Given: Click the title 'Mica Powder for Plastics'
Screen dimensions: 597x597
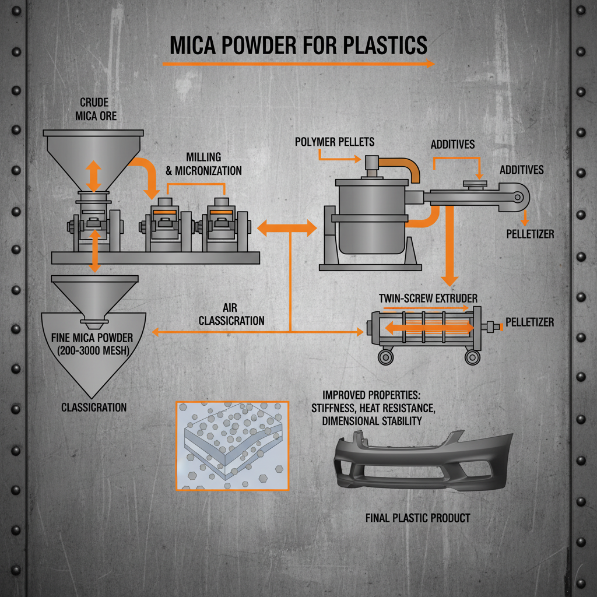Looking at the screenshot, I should coord(298,45).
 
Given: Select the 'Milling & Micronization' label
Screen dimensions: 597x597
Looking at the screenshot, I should coord(213,164).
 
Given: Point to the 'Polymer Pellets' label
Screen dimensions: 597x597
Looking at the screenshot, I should coord(335,142).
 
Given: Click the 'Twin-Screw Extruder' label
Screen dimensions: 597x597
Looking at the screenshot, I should coord(428,298).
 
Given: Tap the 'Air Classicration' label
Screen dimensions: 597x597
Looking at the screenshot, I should coord(231,314).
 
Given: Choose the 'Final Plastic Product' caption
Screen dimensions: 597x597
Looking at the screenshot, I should coord(417,517).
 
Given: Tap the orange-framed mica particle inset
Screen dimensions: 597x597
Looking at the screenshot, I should coord(232,445).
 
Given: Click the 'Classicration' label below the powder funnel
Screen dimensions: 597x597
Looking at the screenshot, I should coord(94,407).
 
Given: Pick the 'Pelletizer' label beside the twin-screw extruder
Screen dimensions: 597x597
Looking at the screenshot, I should coord(529,322).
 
